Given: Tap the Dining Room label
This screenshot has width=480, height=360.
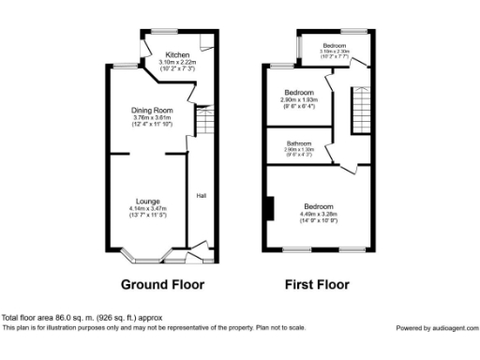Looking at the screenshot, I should (x=152, y=111).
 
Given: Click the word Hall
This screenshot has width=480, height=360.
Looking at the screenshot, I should (x=201, y=196).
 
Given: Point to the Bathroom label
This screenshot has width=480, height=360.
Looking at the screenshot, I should (x=299, y=142).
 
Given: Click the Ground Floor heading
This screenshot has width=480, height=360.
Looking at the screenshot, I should (x=162, y=284).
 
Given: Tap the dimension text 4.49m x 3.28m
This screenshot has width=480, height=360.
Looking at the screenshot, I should (x=319, y=214).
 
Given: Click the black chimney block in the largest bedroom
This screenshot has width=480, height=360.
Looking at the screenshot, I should (x=269, y=209).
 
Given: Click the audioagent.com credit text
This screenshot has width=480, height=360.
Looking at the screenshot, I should (x=436, y=327).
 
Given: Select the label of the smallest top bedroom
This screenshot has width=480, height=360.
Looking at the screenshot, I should (x=335, y=46).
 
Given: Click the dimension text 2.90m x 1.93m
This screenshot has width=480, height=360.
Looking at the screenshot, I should (x=299, y=98).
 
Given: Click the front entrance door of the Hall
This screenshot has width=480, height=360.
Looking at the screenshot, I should (x=199, y=253).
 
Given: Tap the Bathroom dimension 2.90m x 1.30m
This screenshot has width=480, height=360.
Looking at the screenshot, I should (x=299, y=149).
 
